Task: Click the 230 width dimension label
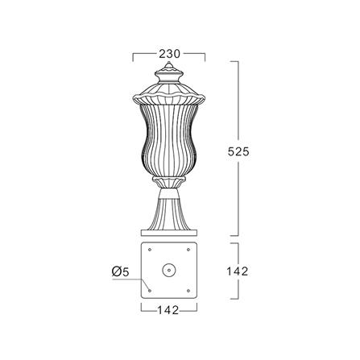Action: click(169, 54)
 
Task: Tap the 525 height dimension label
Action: click(238, 152)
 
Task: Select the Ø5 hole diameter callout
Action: click(121, 272)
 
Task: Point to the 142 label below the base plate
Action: click(168, 310)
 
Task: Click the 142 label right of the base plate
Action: click(238, 271)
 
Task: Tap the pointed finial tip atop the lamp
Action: click(169, 62)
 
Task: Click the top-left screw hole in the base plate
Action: click(150, 250)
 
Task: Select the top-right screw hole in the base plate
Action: click(188, 250)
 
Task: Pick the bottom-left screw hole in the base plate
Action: click(150, 291)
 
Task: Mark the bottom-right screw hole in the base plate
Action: click(188, 291)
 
